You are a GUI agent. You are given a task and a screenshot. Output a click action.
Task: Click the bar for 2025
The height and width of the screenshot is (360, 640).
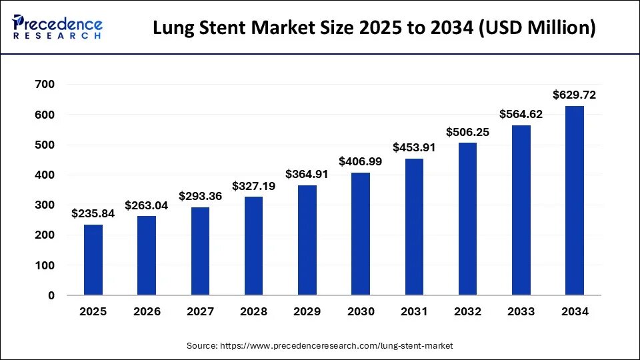point(93,260)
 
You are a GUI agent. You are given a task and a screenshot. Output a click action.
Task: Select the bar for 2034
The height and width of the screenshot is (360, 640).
point(575,200)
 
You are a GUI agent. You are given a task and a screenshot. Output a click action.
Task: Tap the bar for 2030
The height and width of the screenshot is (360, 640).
point(361,234)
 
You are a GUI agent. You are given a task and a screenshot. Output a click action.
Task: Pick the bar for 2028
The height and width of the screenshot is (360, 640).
point(253,246)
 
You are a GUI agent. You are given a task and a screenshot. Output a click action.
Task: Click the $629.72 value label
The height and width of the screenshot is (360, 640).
point(575,95)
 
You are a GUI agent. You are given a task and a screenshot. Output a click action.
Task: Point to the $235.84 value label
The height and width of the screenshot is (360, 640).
point(93,214)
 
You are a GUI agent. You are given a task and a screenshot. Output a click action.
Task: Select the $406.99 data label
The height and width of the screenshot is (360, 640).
point(361,162)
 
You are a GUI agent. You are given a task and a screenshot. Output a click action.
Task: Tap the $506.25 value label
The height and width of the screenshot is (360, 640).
point(468,132)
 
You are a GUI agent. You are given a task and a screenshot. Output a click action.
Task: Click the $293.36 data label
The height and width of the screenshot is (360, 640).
point(200,197)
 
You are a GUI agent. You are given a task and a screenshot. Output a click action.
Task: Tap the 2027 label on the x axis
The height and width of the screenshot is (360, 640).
point(200,312)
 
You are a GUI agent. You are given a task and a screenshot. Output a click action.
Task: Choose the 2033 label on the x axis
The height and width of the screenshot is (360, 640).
point(521,312)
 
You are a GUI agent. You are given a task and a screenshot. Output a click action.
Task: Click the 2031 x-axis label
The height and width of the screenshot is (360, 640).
point(414,312)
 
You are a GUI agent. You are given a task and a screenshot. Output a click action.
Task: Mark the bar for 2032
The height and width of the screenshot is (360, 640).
point(468,219)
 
